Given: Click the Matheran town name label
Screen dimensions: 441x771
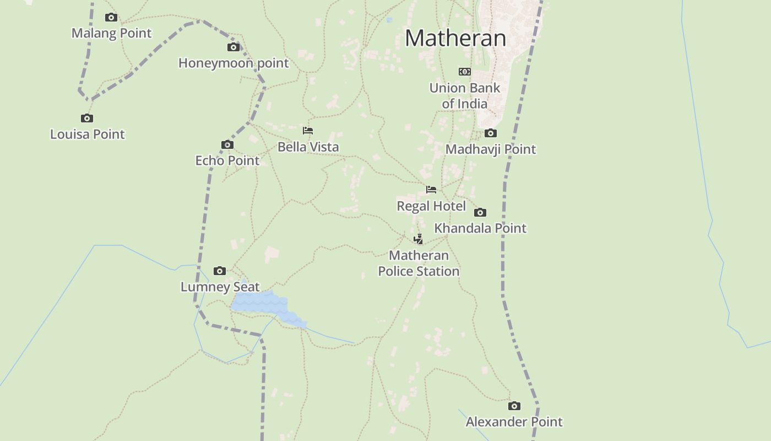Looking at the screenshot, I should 455,38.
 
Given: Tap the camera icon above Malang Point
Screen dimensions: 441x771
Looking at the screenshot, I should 111,17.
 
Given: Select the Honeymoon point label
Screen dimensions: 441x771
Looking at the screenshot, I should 234,63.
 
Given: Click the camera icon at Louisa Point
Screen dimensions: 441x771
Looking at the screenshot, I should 87,118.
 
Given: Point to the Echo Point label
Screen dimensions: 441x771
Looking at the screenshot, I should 227,160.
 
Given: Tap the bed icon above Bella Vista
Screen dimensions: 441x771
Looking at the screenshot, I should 308,131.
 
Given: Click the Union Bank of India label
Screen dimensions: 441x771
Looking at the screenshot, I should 465,95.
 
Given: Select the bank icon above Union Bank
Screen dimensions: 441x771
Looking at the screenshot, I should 465,72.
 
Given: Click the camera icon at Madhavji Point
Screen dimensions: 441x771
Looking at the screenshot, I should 490,133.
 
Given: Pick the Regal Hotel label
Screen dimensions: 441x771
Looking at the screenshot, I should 431,206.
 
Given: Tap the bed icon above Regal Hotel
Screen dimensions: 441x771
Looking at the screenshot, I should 431,190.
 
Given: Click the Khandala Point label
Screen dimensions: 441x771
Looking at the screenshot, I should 480,228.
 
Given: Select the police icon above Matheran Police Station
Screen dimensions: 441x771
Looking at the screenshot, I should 419,239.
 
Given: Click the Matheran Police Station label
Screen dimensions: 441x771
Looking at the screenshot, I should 419,263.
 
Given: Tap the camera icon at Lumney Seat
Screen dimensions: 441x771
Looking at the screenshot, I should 220,271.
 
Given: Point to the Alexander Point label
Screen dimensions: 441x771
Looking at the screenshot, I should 514,422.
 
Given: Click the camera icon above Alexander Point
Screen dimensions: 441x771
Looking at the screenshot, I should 514,406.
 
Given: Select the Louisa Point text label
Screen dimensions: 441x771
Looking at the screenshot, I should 88,134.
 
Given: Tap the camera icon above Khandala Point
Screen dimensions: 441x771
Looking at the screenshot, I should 480,212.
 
